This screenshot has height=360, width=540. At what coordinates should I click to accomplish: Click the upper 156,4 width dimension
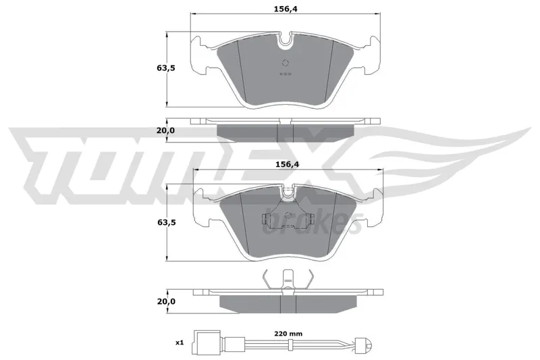pos(285,9)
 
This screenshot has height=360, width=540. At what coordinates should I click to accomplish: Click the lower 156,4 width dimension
pos(288,165)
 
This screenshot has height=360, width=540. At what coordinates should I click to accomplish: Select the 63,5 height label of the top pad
pos(166,68)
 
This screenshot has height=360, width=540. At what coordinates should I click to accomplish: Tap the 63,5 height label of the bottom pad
pos(167,222)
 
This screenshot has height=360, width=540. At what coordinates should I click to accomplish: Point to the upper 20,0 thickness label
pos(166,130)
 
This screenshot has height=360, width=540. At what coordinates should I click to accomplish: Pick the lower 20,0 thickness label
pos(166,301)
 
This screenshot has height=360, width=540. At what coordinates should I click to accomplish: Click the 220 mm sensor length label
pos(288,334)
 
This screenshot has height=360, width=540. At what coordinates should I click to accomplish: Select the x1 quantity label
pos(180,342)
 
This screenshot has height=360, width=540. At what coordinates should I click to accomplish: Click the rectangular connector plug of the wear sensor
pos(206,342)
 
